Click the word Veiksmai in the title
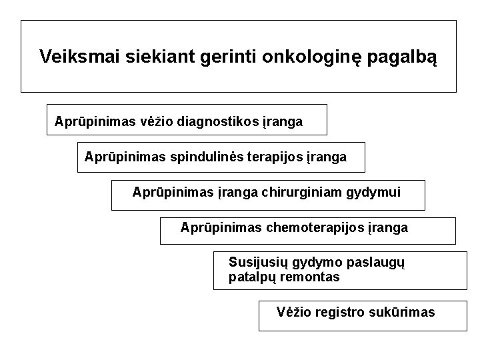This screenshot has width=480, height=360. (69, 56)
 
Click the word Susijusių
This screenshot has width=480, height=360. (256, 262)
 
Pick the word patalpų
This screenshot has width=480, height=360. (251, 277)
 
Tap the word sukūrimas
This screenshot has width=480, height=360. (401, 312)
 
